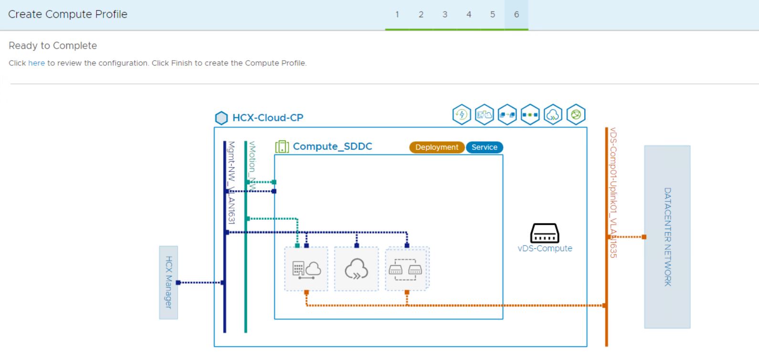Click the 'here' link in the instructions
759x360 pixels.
pyautogui.click(x=36, y=63)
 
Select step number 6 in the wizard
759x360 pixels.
pyautogui.click(x=516, y=14)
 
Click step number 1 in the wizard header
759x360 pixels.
pyautogui.click(x=397, y=14)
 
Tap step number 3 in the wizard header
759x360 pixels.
pyautogui.click(x=444, y=14)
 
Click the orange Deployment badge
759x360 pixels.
pyautogui.click(x=436, y=148)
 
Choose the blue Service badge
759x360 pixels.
pyautogui.click(x=484, y=148)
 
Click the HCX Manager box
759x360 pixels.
pyautogui.click(x=169, y=282)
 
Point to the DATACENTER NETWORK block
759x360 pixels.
pyautogui.click(x=667, y=237)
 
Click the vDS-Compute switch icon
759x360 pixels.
pyautogui.click(x=545, y=233)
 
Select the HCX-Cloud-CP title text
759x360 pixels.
pyautogui.click(x=267, y=118)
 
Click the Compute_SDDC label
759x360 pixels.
pyautogui.click(x=332, y=147)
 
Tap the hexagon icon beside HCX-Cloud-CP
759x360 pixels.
pyautogui.click(x=221, y=118)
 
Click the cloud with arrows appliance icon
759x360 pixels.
pyautogui.click(x=356, y=269)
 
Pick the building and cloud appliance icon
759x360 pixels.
pyautogui.click(x=306, y=269)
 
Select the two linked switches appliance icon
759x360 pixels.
pyautogui.click(x=407, y=269)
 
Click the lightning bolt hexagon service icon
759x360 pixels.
pyautogui.click(x=461, y=115)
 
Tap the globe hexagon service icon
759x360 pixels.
pyautogui.click(x=576, y=115)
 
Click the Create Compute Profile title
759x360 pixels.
pyautogui.click(x=68, y=14)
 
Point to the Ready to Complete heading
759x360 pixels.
pyautogui.click(x=53, y=46)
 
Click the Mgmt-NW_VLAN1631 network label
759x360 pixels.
pyautogui.click(x=232, y=182)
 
